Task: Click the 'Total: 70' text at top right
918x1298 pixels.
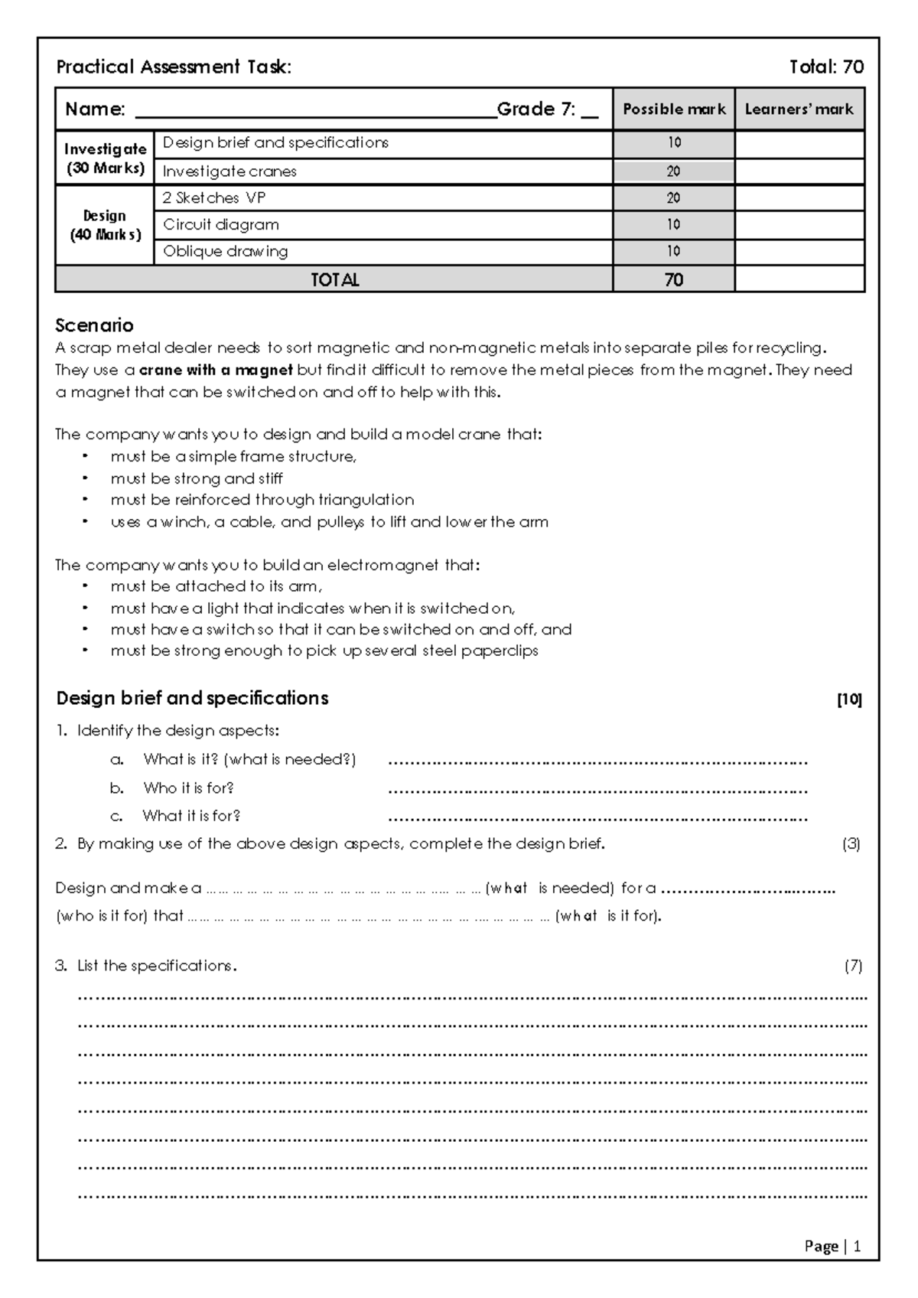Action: coord(826,67)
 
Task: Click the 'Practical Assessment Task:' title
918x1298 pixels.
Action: coord(174,67)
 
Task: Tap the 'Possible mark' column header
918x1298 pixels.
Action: coord(674,109)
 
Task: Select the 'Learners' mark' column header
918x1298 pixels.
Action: coord(799,109)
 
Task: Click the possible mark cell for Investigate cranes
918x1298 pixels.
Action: coord(673,171)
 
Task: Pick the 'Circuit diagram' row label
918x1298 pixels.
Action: coord(221,225)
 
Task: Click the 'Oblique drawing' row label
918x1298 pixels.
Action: coord(225,252)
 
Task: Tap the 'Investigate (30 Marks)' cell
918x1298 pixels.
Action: coord(105,158)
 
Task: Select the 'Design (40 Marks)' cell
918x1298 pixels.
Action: coord(105,226)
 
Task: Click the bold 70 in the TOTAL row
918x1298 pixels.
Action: coord(673,280)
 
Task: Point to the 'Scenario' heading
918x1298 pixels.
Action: coord(94,326)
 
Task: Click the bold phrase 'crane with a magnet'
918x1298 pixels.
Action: coord(216,370)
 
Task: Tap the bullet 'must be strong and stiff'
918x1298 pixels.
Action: coord(197,479)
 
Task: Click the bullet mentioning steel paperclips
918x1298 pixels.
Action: coord(324,651)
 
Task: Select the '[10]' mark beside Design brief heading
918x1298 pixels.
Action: coord(849,700)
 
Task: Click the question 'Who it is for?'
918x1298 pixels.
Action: coord(188,788)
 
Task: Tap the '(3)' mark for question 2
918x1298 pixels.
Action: coord(851,845)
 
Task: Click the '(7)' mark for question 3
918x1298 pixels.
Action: coord(853,967)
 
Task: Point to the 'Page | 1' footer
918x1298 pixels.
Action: coord(832,1247)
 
